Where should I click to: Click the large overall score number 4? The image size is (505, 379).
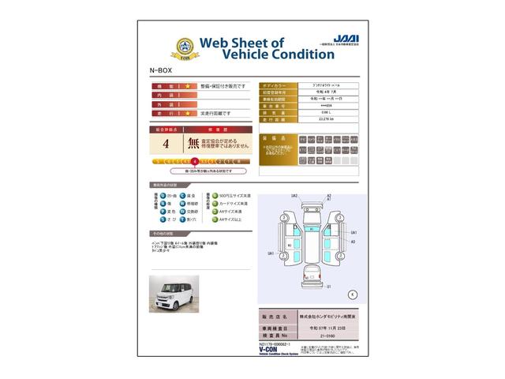point(166,144)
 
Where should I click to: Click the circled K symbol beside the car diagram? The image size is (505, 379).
point(352,294)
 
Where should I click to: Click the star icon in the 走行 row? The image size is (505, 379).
point(188,114)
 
